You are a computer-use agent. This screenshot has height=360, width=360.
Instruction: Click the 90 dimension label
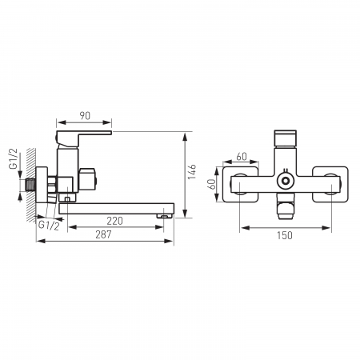[85, 116]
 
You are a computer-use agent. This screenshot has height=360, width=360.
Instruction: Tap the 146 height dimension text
[192, 172]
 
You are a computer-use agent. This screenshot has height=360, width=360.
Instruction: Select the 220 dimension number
[114, 221]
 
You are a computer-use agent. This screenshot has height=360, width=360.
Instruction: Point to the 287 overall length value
[103, 234]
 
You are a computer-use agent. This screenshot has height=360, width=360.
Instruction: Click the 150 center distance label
[285, 235]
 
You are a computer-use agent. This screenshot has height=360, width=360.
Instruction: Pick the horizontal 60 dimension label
[242, 157]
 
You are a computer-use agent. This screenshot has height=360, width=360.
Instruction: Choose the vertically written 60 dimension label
[211, 184]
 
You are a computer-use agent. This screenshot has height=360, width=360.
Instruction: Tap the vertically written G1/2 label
[14, 158]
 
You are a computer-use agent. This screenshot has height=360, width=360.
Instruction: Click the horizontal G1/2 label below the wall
[49, 226]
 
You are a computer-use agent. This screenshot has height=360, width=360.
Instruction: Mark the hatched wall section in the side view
[31, 186]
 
